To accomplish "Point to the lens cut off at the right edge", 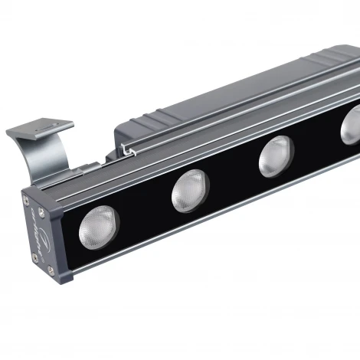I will (352, 123).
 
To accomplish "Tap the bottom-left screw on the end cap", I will (34, 258).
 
